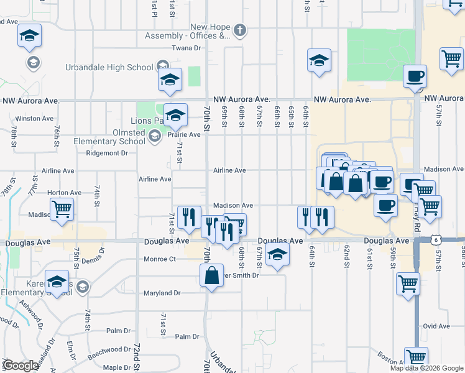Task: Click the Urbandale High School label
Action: [x=109, y=67]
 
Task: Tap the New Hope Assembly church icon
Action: [x=241, y=30]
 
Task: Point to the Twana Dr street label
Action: [x=187, y=48]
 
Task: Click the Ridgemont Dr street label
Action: [x=107, y=153]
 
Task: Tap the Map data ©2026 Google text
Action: [x=426, y=368]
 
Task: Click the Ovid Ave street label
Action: [x=436, y=326]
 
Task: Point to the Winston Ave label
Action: [x=30, y=118]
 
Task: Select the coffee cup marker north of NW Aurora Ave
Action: [x=415, y=76]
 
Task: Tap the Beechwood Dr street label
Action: [x=109, y=350]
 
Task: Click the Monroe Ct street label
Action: [x=160, y=259]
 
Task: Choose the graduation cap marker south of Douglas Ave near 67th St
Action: [x=277, y=254]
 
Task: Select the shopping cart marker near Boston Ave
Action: [x=416, y=357]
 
